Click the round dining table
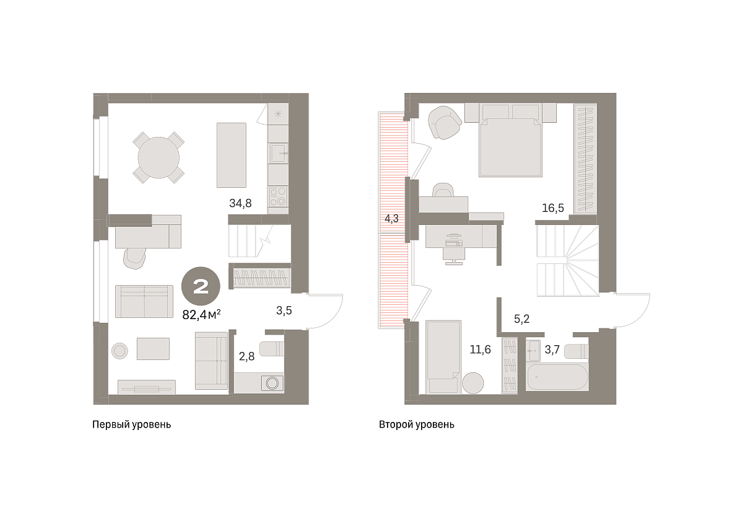click(x=159, y=157)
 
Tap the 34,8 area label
click(x=240, y=203)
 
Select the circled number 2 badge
click(x=201, y=286)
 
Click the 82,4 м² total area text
click(x=201, y=314)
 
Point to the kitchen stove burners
click(x=278, y=196)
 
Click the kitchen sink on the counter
click(x=278, y=153)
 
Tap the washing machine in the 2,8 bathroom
click(x=272, y=383)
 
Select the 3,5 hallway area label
click(x=284, y=310)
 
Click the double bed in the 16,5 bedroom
click(x=510, y=140)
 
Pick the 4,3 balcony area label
click(x=391, y=219)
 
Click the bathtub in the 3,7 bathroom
click(x=557, y=377)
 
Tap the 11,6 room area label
click(x=480, y=349)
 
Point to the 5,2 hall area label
click(x=521, y=319)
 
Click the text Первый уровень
click(x=132, y=424)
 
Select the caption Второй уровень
click(x=417, y=424)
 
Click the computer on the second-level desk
click(x=454, y=240)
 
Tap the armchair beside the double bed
click(x=445, y=123)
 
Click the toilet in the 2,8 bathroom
click(x=272, y=349)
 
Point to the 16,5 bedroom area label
click(x=552, y=208)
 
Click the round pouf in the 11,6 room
click(x=472, y=383)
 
